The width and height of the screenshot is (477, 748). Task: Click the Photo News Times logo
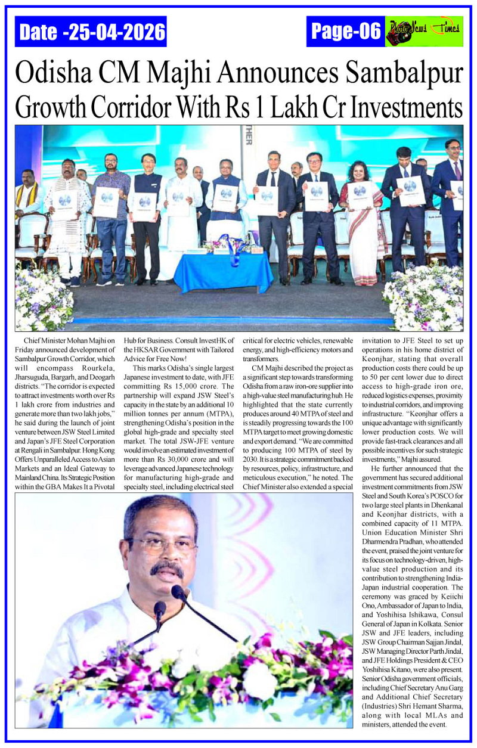tap(424, 31)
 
